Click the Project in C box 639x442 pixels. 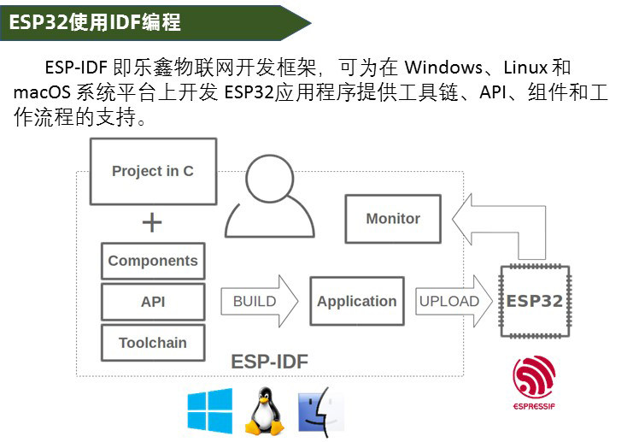tap(153, 171)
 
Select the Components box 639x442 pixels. tap(153, 261)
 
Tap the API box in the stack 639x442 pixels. tap(153, 302)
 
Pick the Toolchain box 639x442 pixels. tap(153, 343)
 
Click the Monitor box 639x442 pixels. tap(393, 219)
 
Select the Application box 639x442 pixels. tap(357, 301)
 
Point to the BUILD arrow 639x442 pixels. tap(260, 301)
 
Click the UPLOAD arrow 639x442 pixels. tap(454, 301)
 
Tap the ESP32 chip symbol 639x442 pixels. tap(535, 301)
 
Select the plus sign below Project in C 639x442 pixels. tap(152, 222)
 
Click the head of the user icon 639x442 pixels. tap(270, 179)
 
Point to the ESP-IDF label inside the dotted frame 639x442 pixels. tap(270, 362)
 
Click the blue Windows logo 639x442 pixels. tap(210, 410)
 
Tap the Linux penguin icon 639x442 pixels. tap(265, 411)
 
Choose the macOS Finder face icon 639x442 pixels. tap(321, 411)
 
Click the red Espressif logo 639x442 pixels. tap(534, 382)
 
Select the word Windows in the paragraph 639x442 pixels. tap(443, 68)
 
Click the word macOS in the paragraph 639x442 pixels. tap(42, 92)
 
